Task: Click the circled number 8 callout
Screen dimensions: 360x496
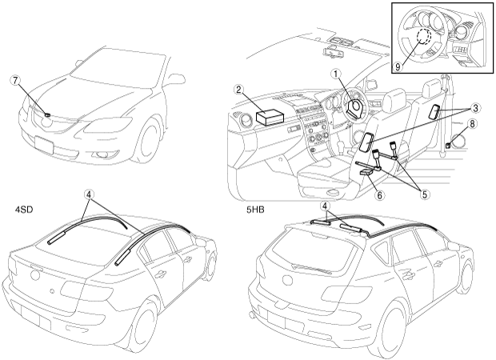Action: coord(472,125)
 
